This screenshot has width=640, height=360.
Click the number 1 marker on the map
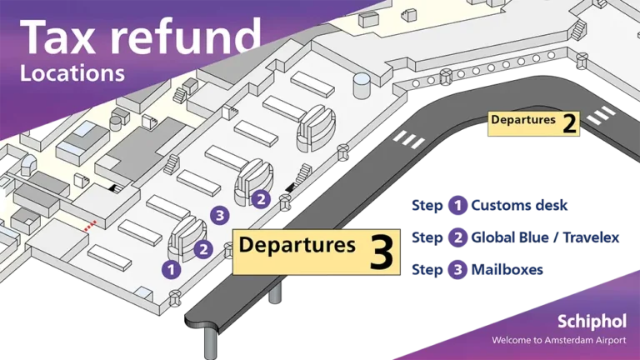coord(172,270)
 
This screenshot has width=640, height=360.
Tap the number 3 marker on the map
coord(220,215)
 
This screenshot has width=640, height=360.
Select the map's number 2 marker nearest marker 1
coord(203,249)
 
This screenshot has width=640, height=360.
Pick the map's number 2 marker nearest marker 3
coord(261,199)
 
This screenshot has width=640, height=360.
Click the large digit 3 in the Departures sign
coord(382,252)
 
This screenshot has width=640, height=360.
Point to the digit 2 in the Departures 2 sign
coord(569,122)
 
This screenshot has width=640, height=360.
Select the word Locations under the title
coord(72,73)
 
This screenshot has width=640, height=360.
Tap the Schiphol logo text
coord(592,322)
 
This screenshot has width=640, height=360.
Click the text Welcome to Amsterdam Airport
coord(559,340)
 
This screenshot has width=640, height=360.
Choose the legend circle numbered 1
coord(458,205)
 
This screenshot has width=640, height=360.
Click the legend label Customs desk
coord(519,205)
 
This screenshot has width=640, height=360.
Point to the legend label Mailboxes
coord(507,269)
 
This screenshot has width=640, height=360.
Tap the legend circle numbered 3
coord(458,270)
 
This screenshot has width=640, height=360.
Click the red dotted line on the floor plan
coord(90,226)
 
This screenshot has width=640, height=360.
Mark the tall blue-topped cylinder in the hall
coord(362,85)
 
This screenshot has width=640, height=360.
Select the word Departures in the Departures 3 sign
coord(297,245)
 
